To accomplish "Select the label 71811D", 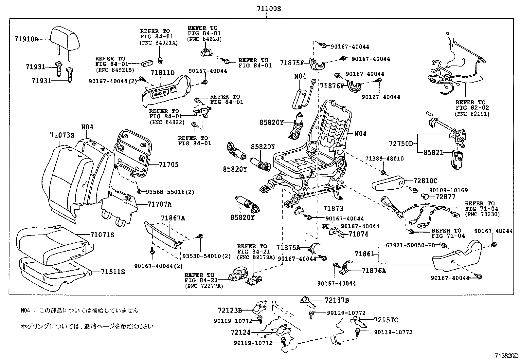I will (x=163, y=73).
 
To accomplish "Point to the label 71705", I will (x=169, y=164).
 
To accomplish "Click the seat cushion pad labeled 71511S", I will (x=52, y=274).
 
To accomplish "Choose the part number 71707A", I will (x=159, y=204).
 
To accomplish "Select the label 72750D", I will (x=401, y=143).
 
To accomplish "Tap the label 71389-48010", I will (x=384, y=159).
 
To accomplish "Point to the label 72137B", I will (x=337, y=300).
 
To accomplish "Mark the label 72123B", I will (x=230, y=310).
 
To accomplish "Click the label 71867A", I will (x=173, y=218).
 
